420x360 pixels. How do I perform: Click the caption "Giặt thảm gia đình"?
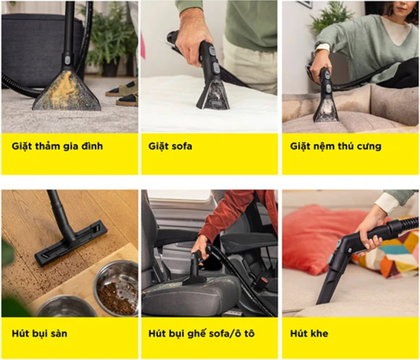click(57, 147)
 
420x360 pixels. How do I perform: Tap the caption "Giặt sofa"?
click(170, 147)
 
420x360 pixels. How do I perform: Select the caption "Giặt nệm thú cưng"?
click(336, 147)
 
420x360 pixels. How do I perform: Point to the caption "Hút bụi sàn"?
click(40, 334)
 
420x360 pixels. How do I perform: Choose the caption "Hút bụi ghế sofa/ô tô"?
click(201, 334)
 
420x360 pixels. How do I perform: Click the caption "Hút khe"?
click(309, 334)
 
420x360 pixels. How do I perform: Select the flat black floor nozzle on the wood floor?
click(71, 243)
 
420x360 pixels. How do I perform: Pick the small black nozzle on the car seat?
click(194, 271)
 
